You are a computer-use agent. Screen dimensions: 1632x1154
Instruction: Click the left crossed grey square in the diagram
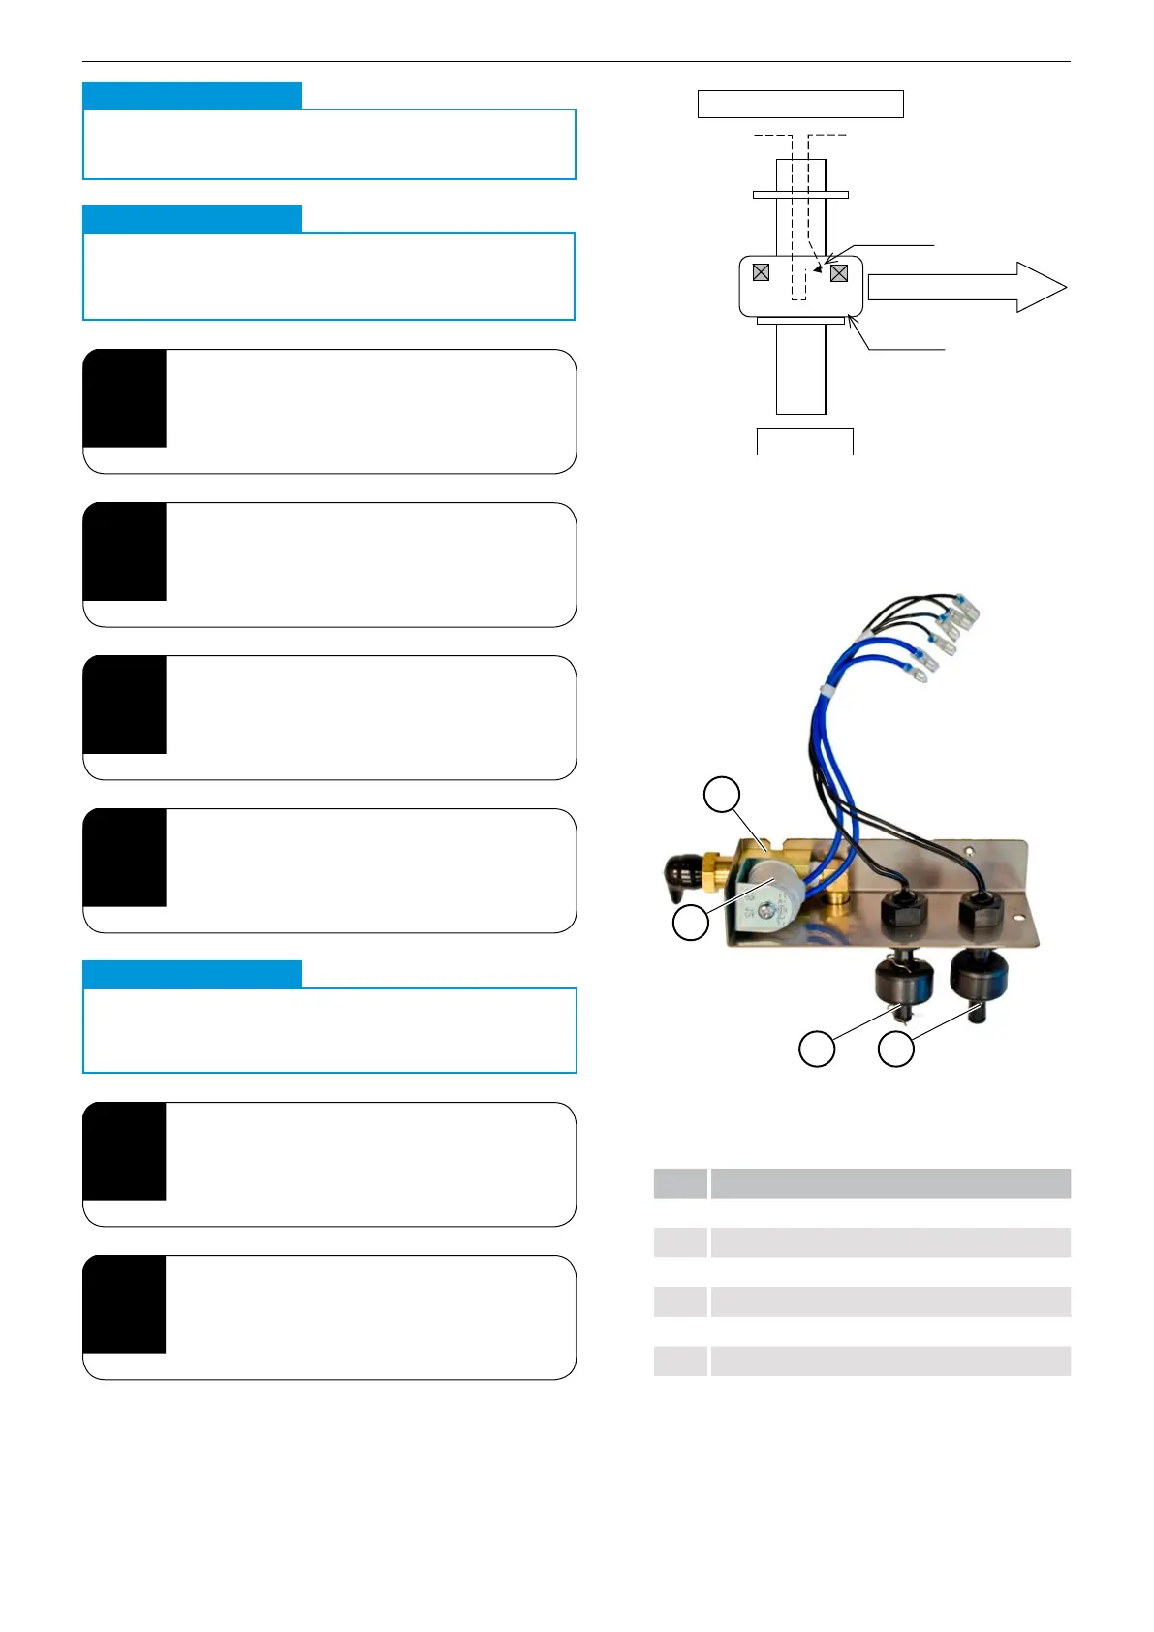click(761, 272)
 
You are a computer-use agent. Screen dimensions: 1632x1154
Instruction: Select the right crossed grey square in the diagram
click(839, 273)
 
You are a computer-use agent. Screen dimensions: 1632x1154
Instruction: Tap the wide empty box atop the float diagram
click(800, 104)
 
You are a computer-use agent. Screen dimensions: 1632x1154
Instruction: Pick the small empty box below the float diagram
click(804, 442)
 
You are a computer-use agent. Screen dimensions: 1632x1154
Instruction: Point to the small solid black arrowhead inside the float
click(818, 268)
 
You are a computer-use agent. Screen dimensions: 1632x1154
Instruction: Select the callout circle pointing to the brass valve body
click(721, 795)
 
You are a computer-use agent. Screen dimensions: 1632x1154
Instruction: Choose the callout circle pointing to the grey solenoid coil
click(691, 922)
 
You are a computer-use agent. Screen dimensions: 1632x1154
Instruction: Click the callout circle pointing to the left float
click(817, 1049)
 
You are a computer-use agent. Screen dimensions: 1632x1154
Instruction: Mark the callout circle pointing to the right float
click(896, 1049)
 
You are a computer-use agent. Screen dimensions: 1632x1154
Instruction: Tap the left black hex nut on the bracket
click(900, 912)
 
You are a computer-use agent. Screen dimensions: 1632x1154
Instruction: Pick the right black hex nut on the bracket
click(981, 909)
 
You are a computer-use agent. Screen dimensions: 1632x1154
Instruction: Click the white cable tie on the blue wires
click(827, 689)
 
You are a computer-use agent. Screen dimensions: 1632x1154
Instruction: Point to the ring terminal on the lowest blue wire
click(920, 667)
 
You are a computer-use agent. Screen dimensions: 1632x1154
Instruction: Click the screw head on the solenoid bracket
click(766, 909)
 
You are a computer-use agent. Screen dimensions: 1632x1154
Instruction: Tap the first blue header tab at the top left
click(192, 95)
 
